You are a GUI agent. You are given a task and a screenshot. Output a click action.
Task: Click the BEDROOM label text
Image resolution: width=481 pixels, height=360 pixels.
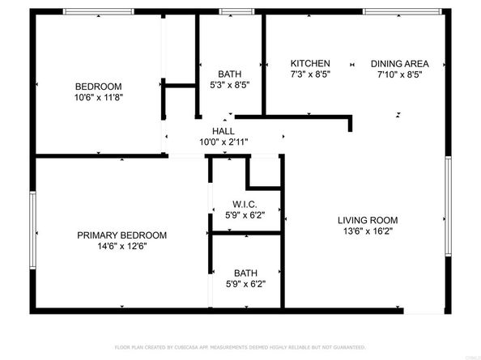[98, 87]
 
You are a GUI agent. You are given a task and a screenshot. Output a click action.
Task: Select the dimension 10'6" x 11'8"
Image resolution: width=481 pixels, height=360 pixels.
[98, 97]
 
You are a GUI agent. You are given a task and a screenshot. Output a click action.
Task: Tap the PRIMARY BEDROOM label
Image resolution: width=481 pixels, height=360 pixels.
[121, 235]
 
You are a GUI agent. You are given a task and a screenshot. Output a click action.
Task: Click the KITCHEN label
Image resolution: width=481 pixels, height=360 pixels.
[310, 63]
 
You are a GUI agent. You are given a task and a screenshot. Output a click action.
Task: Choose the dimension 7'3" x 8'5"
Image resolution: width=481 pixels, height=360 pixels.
[310, 74]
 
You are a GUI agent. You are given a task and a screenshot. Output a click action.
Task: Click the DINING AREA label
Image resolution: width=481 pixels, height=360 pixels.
[399, 63]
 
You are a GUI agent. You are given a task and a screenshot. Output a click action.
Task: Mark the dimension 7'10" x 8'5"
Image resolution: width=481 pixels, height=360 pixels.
[399, 74]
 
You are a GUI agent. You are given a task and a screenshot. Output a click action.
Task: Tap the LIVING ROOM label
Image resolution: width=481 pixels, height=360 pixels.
[367, 220]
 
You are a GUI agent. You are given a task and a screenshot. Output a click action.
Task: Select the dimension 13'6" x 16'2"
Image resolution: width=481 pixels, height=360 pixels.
[367, 231]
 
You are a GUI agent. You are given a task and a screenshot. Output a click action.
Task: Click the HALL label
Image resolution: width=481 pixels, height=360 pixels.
[223, 131]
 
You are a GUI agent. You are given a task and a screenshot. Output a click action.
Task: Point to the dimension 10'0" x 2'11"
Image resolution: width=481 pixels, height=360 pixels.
[223, 142]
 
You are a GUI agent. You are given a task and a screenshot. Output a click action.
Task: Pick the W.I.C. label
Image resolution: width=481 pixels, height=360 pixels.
[244, 204]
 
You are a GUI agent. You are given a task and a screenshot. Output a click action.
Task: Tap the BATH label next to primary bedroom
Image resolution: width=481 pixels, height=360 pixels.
[245, 273]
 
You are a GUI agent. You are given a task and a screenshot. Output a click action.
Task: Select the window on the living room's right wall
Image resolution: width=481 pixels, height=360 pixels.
[447, 206]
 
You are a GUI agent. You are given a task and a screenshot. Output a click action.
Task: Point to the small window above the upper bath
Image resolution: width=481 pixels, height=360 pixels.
[233, 12]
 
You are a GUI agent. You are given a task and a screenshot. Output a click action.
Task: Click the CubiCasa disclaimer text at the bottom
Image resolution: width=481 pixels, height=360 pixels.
[240, 346]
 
